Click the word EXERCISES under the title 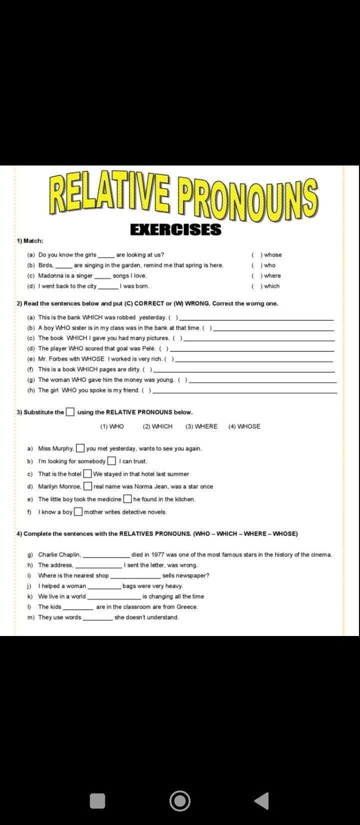click(x=175, y=229)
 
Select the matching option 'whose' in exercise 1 click(x=272, y=255)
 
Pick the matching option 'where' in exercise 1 click(x=272, y=275)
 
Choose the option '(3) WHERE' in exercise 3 click(x=201, y=426)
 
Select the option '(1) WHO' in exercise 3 click(x=112, y=426)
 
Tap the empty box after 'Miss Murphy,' click(x=80, y=448)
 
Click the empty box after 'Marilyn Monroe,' click(x=87, y=486)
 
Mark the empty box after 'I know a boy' click(x=78, y=511)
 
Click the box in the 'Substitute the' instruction click(x=70, y=412)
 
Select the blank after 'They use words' click(x=97, y=618)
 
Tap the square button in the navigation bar click(x=97, y=801)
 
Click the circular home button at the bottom click(x=180, y=801)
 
